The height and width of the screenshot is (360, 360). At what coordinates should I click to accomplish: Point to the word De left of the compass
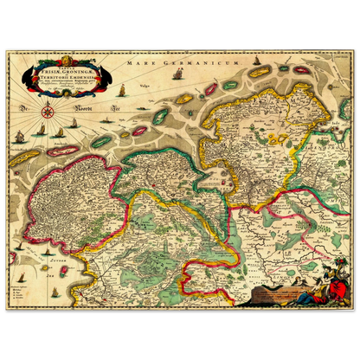pyautogui.click(x=25, y=110)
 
